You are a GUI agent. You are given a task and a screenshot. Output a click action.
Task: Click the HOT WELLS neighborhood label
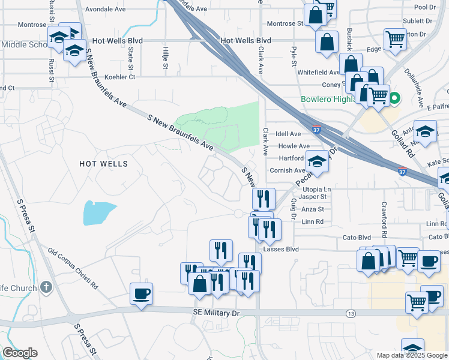(104, 163)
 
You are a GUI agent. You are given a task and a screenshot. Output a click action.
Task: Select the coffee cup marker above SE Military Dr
(142, 293)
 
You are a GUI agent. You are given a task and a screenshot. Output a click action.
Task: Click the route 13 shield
(350, 314)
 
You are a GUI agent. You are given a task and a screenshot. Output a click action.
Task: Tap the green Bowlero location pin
(394, 98)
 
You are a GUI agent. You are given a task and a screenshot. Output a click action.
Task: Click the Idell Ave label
(289, 134)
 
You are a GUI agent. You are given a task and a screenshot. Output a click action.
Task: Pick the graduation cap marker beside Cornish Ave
(317, 161)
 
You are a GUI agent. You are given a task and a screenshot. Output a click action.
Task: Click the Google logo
(20, 353)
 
